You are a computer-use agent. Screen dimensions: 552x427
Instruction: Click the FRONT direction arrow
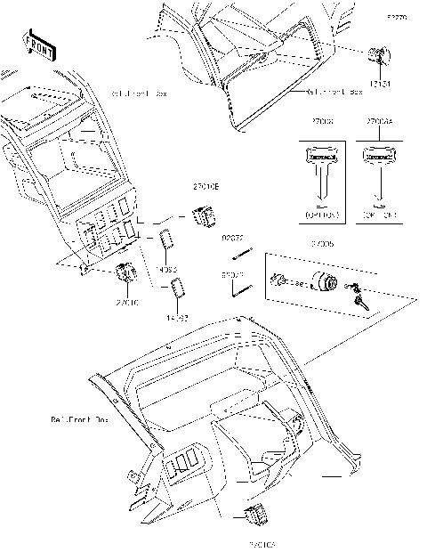(x=38, y=45)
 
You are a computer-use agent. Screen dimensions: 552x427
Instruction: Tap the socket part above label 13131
(x=379, y=58)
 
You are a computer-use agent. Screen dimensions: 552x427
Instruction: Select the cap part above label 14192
(x=178, y=289)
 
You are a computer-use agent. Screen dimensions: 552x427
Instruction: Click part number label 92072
(x=232, y=238)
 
